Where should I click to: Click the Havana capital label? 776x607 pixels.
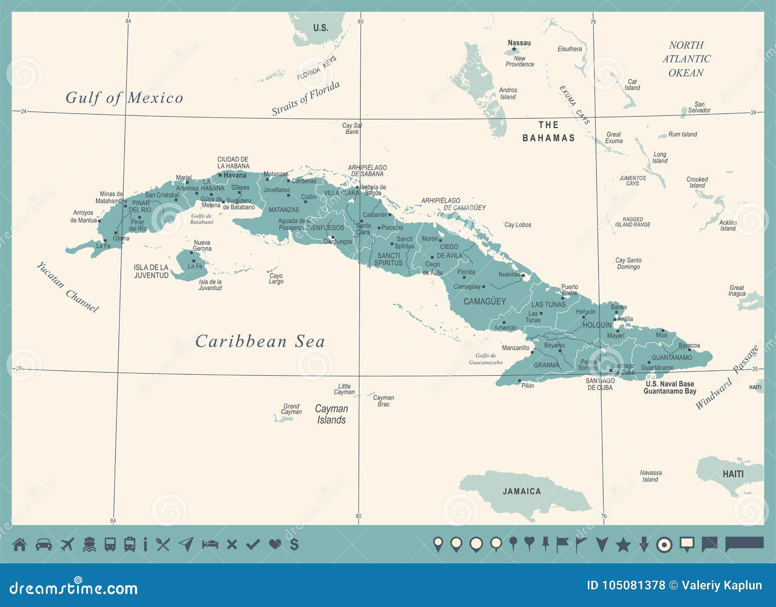(x=235, y=176)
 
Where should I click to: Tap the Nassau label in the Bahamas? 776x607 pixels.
(x=519, y=43)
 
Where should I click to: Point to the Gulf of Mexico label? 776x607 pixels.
(x=125, y=98)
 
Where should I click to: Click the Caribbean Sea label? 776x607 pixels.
(x=260, y=341)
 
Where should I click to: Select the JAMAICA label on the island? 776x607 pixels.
(x=521, y=492)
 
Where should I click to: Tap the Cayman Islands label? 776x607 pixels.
(x=332, y=415)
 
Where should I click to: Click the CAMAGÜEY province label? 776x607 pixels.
(x=485, y=302)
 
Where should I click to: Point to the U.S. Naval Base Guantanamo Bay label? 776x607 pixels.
(x=670, y=387)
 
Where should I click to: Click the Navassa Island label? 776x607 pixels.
(x=650, y=476)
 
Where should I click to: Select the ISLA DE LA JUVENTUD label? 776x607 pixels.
(x=151, y=272)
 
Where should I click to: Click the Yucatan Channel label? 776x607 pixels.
(x=67, y=287)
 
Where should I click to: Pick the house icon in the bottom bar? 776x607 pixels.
(x=19, y=544)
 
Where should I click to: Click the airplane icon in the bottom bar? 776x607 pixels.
(x=67, y=544)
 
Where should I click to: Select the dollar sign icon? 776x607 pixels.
(x=294, y=544)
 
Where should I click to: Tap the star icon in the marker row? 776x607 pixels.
(x=623, y=545)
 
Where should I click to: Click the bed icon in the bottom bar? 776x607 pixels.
(x=210, y=544)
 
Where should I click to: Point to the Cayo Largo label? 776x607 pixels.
(x=276, y=279)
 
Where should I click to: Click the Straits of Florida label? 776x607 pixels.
(x=306, y=98)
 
